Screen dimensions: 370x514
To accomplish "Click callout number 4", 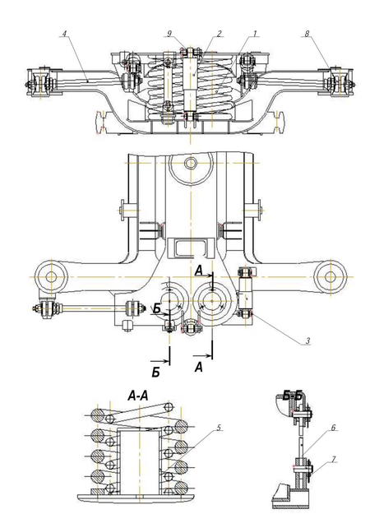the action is [x=65, y=34].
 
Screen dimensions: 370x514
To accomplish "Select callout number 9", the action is [x=169, y=34].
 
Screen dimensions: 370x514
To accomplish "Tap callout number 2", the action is [x=220, y=34].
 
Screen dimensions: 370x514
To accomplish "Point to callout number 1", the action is [x=255, y=34].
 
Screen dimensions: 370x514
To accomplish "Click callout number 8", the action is [x=307, y=34].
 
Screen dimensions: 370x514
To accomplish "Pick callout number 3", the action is [x=308, y=340].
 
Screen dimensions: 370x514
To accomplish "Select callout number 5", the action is [x=219, y=428].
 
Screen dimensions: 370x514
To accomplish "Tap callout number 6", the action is [x=333, y=428].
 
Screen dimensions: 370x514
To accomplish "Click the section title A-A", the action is [x=138, y=396].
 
